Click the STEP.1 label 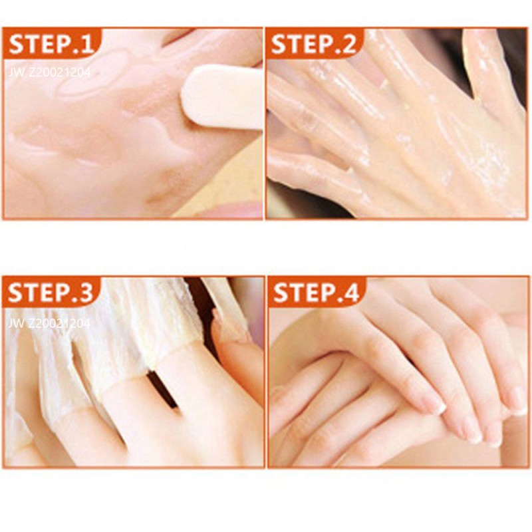click(51, 45)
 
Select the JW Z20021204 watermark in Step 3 click(50, 323)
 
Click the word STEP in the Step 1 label click(37, 45)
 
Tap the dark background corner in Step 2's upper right click(512, 47)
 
